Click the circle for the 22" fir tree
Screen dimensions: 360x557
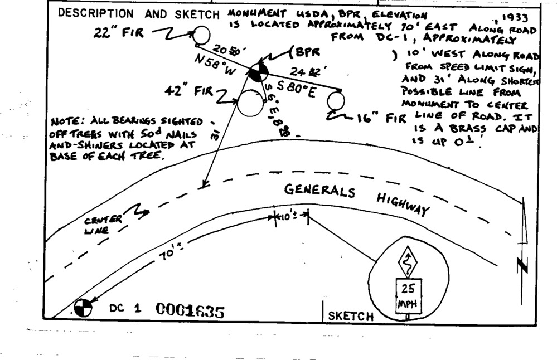[x=201, y=36]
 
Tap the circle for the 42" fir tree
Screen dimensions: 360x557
[x=249, y=104]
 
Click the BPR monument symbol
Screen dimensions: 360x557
[x=257, y=73]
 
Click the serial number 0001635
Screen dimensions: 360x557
[x=190, y=310]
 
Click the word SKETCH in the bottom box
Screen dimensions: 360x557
[x=351, y=316]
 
